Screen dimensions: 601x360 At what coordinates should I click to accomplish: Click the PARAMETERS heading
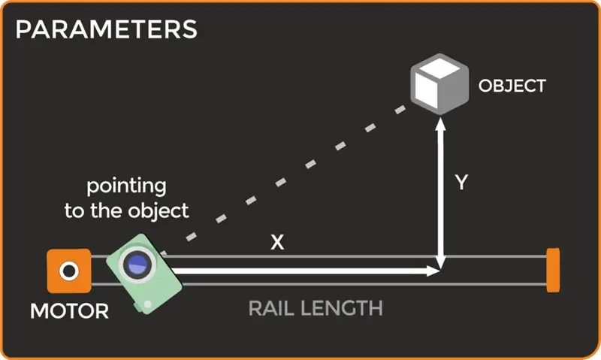(106, 29)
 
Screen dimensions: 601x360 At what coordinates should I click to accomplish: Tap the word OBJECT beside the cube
(512, 86)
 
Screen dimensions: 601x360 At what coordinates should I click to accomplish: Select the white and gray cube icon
(439, 84)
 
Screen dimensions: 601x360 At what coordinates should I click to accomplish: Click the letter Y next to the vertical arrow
(461, 182)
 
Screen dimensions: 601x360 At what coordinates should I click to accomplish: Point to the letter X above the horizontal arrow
(277, 242)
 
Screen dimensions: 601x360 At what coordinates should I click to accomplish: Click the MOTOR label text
(69, 311)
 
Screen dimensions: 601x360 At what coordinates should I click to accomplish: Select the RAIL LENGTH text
(316, 308)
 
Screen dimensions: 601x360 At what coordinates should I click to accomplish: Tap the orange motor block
(69, 271)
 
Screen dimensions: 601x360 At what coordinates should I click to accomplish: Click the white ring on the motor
(69, 271)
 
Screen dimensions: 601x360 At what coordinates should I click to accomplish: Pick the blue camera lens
(137, 265)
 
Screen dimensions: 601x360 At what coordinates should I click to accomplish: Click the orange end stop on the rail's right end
(553, 271)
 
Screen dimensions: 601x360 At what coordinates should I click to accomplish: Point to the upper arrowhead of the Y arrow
(441, 123)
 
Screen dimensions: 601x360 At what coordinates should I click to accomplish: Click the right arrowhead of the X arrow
(433, 271)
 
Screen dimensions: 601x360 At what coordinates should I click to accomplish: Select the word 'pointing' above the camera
(126, 186)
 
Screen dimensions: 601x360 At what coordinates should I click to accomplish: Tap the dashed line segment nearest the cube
(400, 110)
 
